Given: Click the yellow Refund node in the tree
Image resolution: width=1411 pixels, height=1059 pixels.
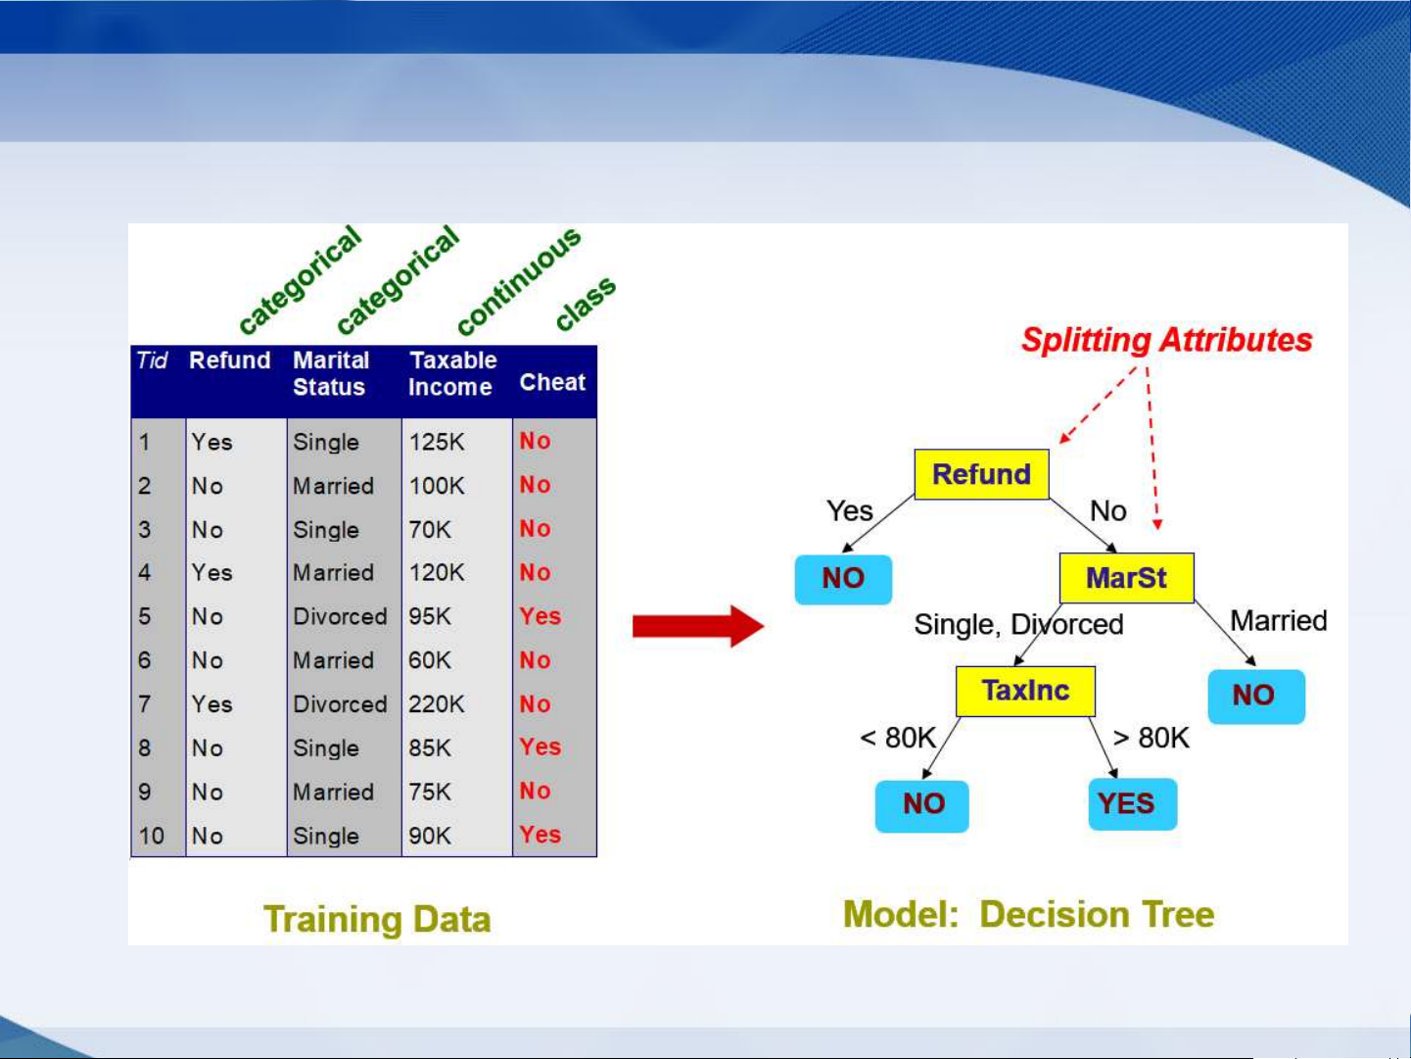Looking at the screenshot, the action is (x=981, y=474).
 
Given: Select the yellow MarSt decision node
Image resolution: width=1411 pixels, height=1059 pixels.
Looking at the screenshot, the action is (x=1126, y=577).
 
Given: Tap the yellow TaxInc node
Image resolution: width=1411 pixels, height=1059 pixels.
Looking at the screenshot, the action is (x=1025, y=692).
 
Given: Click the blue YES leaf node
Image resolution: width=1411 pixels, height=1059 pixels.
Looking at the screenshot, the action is (x=1133, y=803).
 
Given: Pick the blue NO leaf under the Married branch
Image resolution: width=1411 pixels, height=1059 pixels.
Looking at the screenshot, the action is (x=1256, y=697).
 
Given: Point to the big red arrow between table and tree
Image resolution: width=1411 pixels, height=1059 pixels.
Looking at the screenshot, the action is (x=698, y=626).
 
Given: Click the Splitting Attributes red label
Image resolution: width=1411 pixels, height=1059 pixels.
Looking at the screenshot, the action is (x=1167, y=340).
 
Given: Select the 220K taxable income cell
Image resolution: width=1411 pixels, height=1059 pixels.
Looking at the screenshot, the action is (x=436, y=704).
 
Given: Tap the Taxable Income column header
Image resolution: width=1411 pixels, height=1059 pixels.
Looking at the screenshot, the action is (x=452, y=373).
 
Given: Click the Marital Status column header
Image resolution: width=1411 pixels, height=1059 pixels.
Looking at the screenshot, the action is (x=331, y=373).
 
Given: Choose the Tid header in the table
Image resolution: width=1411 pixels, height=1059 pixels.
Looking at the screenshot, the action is (x=152, y=361).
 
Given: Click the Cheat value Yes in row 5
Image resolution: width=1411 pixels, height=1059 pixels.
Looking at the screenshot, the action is (x=540, y=616).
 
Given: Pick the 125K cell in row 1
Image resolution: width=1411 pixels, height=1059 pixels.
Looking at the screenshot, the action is (x=437, y=442).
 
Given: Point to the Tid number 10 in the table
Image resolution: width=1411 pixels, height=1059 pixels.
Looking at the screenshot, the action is (x=151, y=836).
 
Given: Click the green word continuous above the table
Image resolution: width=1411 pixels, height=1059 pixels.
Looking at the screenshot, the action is (x=519, y=280).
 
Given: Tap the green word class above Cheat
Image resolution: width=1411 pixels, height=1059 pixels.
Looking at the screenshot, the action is (x=585, y=304).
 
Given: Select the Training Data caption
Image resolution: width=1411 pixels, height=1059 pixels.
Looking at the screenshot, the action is (x=377, y=919).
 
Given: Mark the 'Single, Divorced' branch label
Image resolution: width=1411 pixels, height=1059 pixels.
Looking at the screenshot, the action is (x=1019, y=624).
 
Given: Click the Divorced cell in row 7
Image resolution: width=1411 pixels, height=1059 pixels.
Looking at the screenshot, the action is (x=340, y=704).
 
